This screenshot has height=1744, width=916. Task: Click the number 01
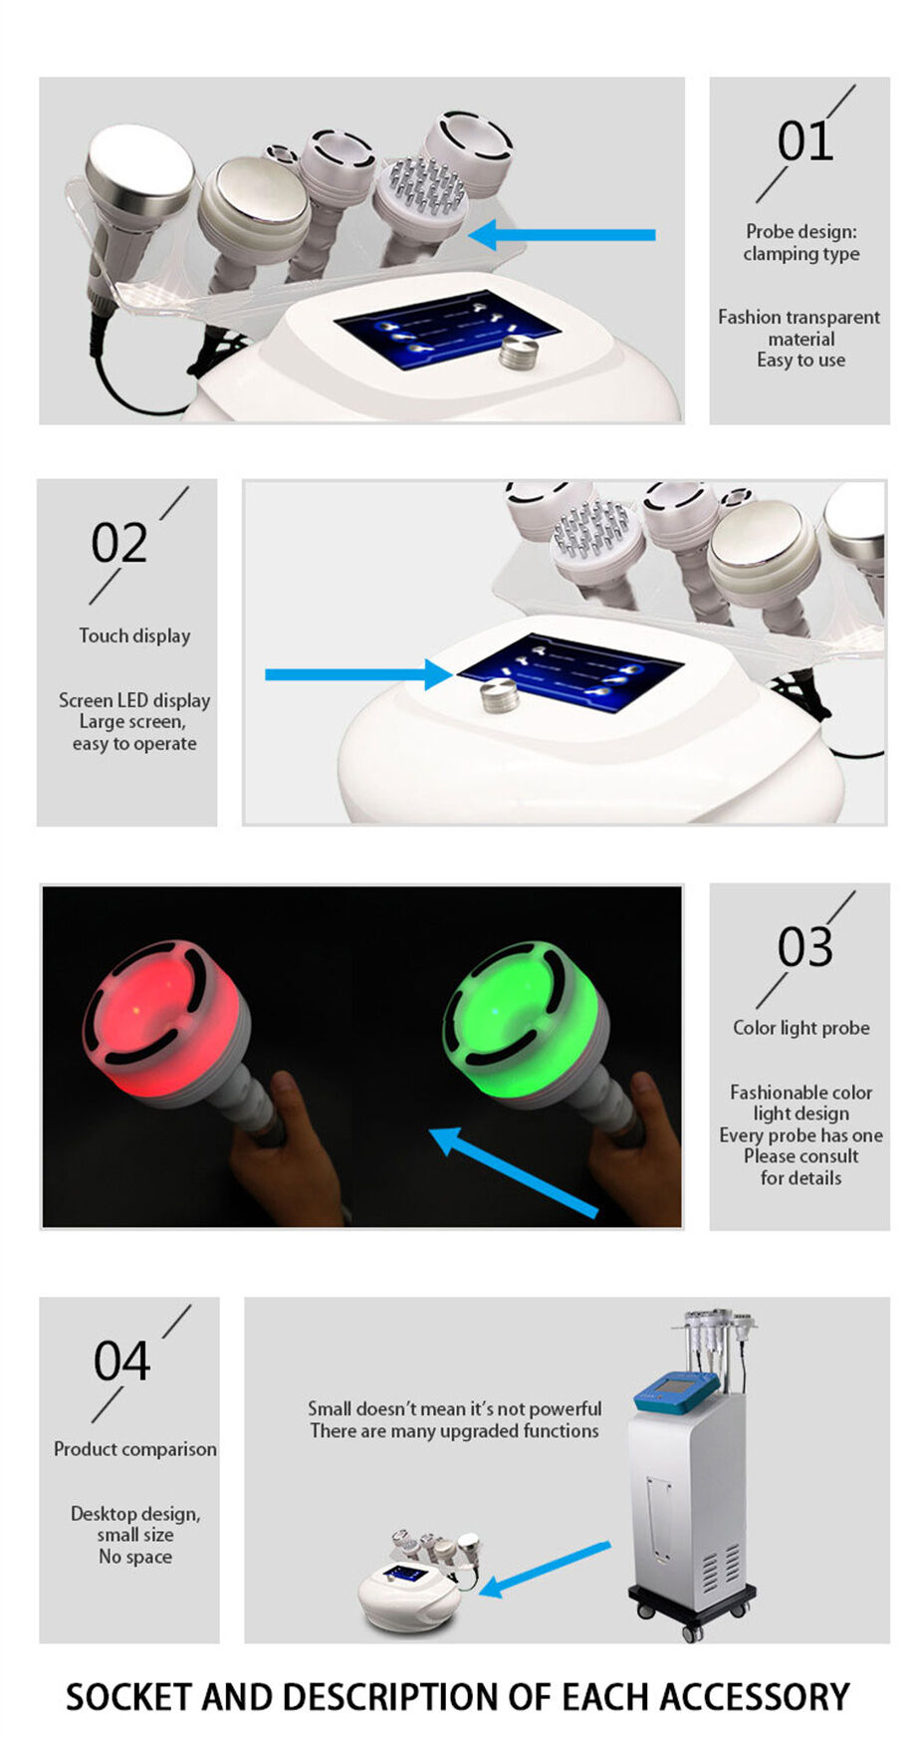(804, 142)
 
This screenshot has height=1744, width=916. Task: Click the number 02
(118, 544)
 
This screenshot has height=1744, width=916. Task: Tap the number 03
(804, 947)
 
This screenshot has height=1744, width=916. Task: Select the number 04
(121, 1362)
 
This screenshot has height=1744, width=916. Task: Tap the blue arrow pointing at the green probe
(513, 1172)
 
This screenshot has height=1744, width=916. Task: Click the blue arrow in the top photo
(563, 236)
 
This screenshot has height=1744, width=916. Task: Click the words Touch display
(134, 636)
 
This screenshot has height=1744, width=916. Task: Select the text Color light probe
(801, 1028)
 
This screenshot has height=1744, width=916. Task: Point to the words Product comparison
(134, 1449)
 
